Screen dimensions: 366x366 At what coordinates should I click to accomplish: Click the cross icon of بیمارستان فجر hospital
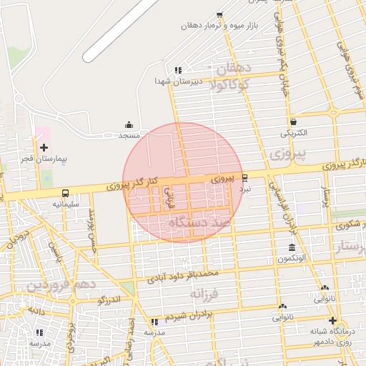[44, 147]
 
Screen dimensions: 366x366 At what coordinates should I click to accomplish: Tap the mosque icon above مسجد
[129, 124]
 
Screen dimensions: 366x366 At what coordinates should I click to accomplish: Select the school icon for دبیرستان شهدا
[178, 70]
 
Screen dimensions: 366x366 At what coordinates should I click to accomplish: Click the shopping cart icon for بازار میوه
[219, 15]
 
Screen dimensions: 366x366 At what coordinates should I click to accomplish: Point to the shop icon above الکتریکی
[294, 122]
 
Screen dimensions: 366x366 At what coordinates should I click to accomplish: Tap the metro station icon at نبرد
[245, 178]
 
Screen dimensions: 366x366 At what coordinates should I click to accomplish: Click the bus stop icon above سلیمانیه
[66, 193]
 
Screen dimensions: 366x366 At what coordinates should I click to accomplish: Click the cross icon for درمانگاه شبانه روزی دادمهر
[332, 320]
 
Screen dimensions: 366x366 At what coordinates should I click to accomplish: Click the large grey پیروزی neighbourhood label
[289, 154]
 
